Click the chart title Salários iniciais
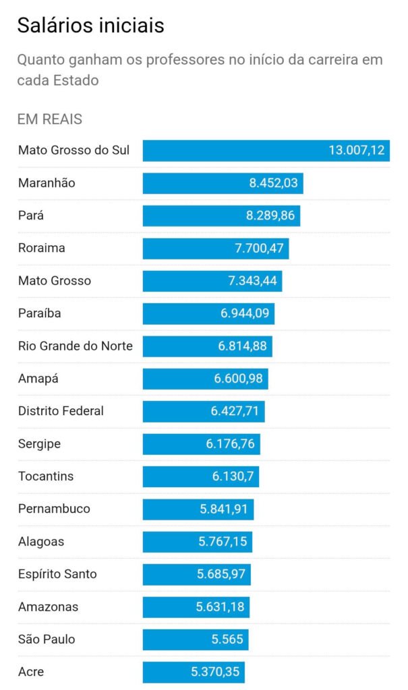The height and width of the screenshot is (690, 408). pyautogui.click(x=90, y=26)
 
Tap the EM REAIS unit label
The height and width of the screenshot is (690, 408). pyautogui.click(x=50, y=119)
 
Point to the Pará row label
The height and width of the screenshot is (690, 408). pyautogui.click(x=32, y=216)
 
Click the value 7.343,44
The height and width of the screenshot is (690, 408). pyautogui.click(x=252, y=281)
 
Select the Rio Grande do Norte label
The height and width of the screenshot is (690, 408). pyautogui.click(x=76, y=346)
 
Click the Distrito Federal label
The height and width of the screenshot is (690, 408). pyautogui.click(x=61, y=411)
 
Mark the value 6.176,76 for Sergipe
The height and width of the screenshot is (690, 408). pyautogui.click(x=230, y=444)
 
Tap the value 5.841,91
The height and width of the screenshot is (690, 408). pyautogui.click(x=224, y=509)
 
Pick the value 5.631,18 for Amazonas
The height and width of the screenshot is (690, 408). pyautogui.click(x=220, y=607)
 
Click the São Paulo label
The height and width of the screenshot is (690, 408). pyautogui.click(x=47, y=639)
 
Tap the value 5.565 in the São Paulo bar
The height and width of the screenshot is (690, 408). pyautogui.click(x=227, y=639)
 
